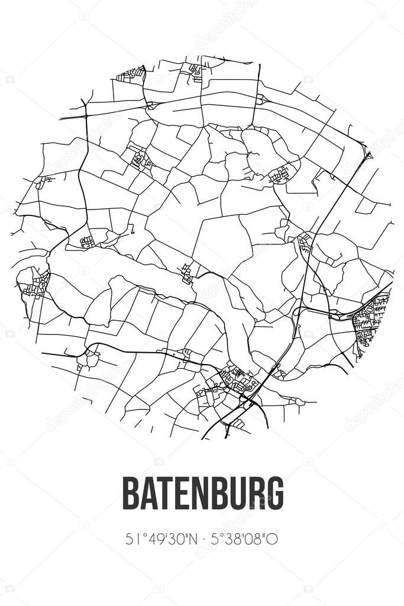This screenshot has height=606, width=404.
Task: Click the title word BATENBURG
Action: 202,492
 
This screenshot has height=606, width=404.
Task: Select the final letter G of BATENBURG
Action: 274,492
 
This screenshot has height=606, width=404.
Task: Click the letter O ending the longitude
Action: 273,539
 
